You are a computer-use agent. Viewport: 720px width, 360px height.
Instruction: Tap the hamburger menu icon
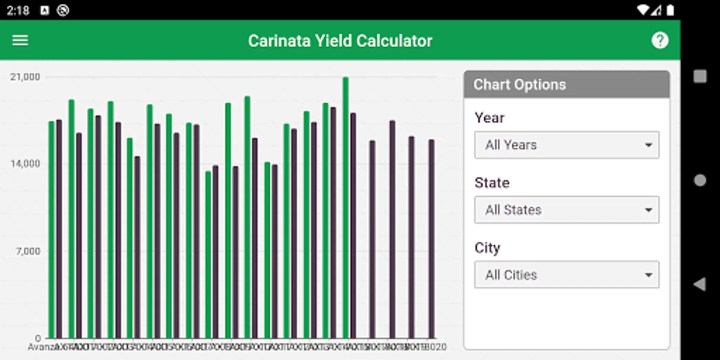tap(20, 40)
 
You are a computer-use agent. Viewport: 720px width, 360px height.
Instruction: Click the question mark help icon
tap(660, 40)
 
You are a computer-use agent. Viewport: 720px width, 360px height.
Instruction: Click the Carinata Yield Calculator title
tap(340, 41)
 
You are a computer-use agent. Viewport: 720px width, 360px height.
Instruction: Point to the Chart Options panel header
tap(566, 85)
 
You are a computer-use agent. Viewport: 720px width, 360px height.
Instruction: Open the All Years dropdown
tap(566, 145)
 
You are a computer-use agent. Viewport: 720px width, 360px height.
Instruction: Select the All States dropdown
tap(566, 210)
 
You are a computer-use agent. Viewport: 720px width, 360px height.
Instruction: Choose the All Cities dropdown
tap(566, 275)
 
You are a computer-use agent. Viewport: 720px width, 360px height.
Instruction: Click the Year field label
tap(489, 118)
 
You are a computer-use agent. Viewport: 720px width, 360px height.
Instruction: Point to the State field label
tap(492, 183)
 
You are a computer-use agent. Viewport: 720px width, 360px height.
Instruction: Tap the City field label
tap(487, 248)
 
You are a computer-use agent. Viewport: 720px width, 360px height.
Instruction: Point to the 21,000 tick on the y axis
tap(25, 77)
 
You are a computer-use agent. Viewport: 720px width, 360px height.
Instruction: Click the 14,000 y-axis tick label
tap(25, 164)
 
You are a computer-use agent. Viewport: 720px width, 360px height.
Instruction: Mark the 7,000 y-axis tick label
tap(28, 251)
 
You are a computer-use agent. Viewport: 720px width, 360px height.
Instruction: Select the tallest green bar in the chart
tap(346, 208)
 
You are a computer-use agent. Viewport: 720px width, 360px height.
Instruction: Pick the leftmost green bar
tap(51, 230)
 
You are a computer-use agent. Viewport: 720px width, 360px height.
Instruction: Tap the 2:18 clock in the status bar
tap(18, 10)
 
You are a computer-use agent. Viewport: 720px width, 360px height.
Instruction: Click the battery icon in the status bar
tap(670, 10)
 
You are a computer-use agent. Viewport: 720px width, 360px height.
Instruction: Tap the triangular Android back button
tap(700, 284)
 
